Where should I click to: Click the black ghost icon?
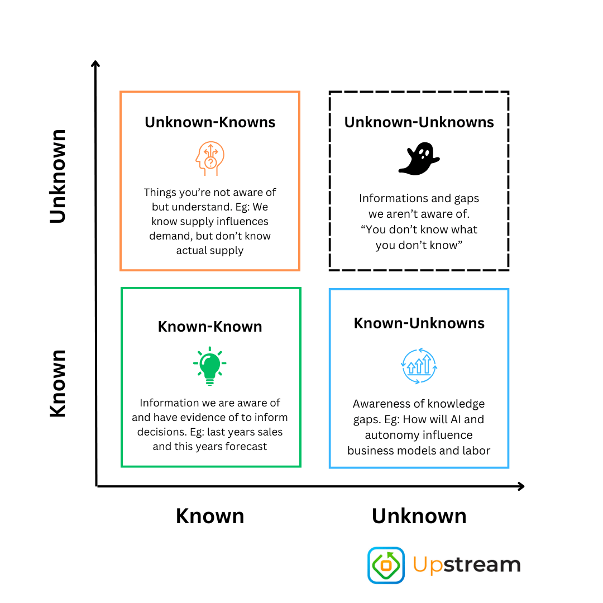tap(419, 159)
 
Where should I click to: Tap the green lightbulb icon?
tap(210, 366)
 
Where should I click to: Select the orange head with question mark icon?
tap(210, 159)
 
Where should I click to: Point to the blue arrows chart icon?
tap(419, 366)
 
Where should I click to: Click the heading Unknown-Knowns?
tap(210, 122)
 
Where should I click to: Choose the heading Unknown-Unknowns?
tap(419, 122)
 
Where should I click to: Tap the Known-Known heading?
tap(210, 327)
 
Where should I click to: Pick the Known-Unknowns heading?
tap(419, 323)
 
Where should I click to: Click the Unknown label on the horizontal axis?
tap(419, 516)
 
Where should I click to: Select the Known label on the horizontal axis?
tap(210, 516)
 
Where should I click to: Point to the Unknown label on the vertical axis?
tap(58, 176)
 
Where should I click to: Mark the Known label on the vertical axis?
tap(58, 384)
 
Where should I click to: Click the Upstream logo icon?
tap(386, 565)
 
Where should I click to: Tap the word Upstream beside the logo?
tap(467, 565)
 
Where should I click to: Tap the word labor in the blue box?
tap(476, 451)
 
